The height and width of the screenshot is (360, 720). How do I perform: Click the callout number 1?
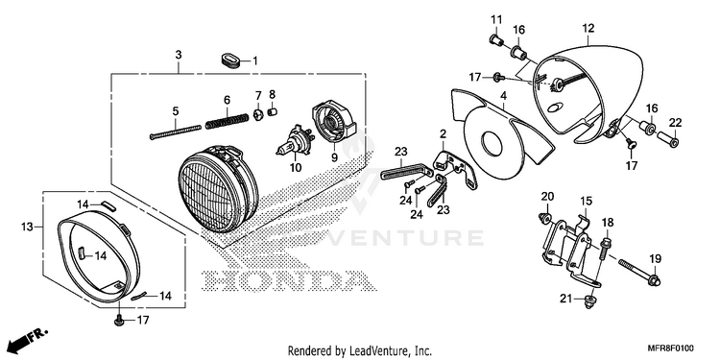click(x=255, y=60)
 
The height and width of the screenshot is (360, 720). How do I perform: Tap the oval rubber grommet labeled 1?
click(x=230, y=60)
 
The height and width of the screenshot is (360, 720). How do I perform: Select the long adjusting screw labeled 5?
click(x=176, y=132)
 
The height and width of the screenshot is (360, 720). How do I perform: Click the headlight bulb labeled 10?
click(x=296, y=140)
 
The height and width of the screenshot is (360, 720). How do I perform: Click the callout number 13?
click(x=27, y=227)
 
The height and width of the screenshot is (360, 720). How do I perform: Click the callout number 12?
click(x=588, y=28)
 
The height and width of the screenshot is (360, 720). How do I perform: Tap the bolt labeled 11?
click(x=495, y=41)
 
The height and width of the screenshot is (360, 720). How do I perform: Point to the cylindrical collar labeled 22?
click(x=668, y=138)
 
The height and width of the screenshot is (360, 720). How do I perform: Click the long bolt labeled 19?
click(x=639, y=272)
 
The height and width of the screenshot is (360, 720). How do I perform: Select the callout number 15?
click(x=586, y=202)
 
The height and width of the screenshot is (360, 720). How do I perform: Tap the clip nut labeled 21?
click(x=588, y=300)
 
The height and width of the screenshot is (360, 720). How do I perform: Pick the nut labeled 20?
click(x=545, y=219)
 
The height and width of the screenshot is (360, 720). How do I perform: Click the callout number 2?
click(x=443, y=134)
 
